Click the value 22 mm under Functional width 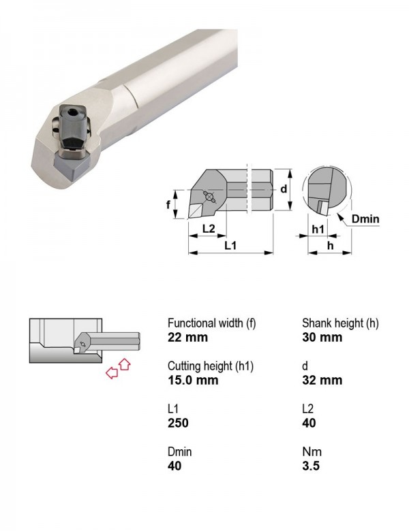click(187, 337)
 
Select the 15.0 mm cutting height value click(193, 380)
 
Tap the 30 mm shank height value click(322, 337)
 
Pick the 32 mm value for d click(322, 380)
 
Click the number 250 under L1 click(178, 423)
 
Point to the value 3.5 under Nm click(311, 466)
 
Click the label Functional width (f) click(211, 323)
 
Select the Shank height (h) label click(340, 323)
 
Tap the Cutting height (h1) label click(211, 366)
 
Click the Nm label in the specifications click(312, 451)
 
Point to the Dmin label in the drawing click(365, 219)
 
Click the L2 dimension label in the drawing click(209, 229)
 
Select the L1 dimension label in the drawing click(230, 246)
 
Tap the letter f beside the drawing click(168, 204)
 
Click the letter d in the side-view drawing click(284, 189)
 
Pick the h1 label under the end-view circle click(318, 229)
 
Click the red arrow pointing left click(112, 373)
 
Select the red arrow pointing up click(125, 364)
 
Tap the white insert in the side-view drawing click(196, 211)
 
